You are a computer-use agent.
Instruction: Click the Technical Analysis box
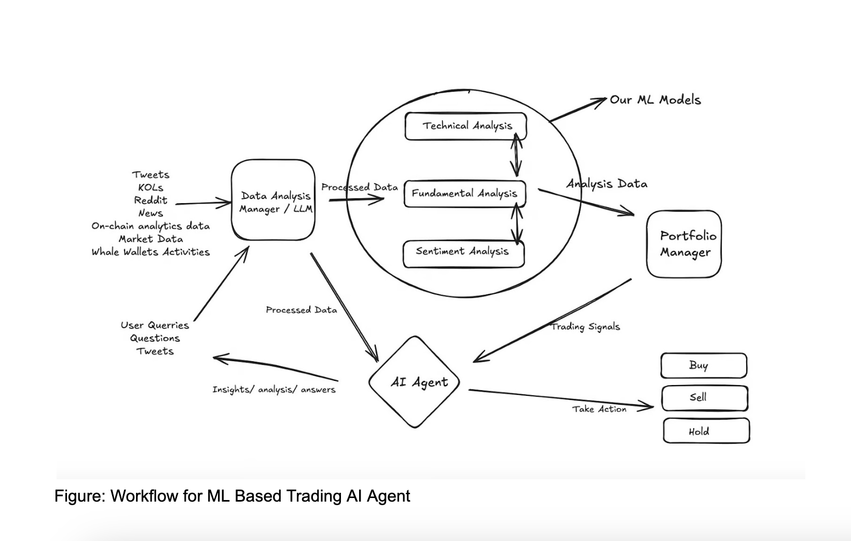465,126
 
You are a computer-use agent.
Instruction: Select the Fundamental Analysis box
464,194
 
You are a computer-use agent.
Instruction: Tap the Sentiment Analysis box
463,253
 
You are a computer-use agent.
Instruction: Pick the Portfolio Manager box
684,244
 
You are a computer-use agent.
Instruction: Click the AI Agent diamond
415,382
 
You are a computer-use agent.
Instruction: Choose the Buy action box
704,366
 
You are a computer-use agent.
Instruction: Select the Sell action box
704,398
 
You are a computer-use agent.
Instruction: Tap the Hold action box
706,431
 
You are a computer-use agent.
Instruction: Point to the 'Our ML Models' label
655,100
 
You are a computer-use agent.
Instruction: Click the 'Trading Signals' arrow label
585,327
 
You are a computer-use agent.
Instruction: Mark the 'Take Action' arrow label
599,409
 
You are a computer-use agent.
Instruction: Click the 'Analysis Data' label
607,184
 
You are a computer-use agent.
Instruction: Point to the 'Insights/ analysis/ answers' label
273,390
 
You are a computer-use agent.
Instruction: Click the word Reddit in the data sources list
150,201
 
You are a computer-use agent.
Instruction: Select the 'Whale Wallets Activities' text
150,252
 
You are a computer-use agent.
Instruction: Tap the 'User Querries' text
155,325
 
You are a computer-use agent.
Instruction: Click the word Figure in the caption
79,496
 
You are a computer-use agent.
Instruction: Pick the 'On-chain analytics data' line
150,226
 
